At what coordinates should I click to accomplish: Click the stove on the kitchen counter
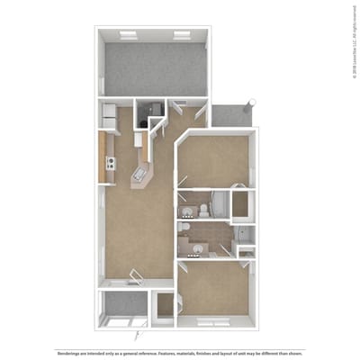point(111,163)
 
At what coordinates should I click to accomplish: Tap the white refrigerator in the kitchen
point(108,116)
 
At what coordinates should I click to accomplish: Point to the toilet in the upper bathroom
point(204,211)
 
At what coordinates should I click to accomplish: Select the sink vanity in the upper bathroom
point(188,211)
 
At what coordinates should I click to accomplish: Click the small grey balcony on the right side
point(230,115)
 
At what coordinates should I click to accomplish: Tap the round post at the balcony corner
point(253,101)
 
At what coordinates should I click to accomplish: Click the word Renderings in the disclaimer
point(68,350)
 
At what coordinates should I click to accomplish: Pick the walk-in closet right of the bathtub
point(240,203)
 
